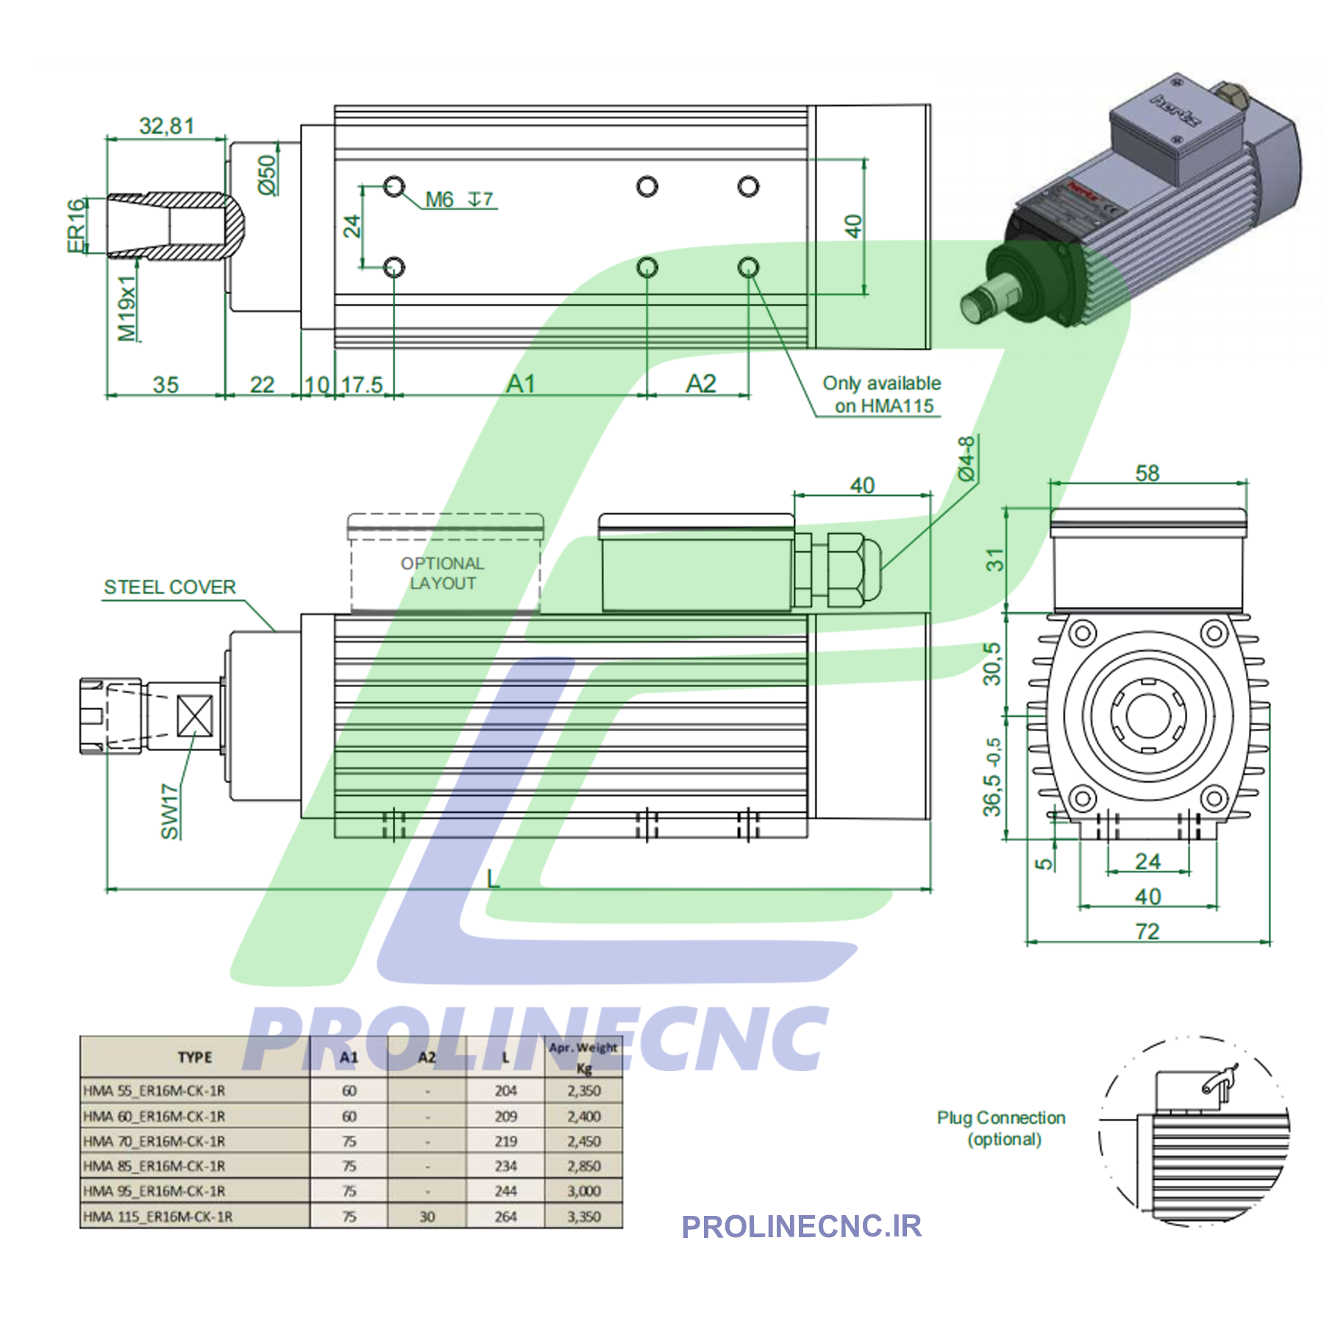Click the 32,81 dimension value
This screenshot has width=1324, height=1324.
167,126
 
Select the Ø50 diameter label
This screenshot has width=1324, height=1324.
268,174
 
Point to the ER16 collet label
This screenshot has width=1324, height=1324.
76,226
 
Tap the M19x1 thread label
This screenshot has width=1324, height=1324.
127,308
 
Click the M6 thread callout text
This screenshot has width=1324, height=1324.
439,199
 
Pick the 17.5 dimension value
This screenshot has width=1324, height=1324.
362,385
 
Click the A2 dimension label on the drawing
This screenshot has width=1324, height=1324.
700,383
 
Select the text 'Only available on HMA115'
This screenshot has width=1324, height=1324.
882,394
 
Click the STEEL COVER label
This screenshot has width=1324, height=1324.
170,587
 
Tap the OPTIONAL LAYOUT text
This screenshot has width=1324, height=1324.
443,573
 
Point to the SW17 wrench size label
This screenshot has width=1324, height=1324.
170,811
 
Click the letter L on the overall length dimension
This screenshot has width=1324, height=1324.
493,878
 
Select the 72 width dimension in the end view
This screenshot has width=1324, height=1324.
1147,931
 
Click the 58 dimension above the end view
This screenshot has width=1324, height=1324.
1147,473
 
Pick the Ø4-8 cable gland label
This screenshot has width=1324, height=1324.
967,458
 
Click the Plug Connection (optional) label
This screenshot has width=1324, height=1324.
1001,1128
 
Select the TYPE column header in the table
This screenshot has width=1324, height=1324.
195,1057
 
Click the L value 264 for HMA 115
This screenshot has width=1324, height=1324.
505,1217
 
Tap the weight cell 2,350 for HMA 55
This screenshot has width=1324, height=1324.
584,1091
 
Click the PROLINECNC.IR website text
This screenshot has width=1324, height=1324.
802,1226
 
